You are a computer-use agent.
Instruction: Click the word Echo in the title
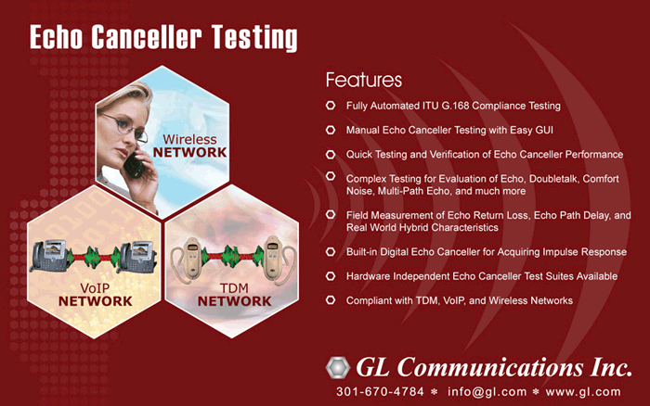tap(56, 37)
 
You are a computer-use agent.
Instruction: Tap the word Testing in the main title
tap(254, 38)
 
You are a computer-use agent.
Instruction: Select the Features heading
tap(364, 80)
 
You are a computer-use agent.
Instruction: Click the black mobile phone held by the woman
tap(135, 165)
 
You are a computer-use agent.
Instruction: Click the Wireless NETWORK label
tap(189, 146)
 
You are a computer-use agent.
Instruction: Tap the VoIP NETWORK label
tap(96, 295)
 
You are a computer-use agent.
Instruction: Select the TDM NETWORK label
tap(234, 295)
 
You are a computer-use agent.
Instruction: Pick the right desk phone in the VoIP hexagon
tap(137, 257)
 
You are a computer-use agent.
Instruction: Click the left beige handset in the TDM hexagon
tap(188, 259)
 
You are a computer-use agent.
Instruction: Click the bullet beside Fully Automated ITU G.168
tap(331, 106)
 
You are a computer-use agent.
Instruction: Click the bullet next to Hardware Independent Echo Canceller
tap(331, 276)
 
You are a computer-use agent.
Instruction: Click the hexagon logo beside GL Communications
tap(337, 367)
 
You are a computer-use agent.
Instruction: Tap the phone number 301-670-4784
tap(380, 391)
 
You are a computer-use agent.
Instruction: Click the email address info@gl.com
tap(487, 392)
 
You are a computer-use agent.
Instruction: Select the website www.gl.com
tap(583, 392)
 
